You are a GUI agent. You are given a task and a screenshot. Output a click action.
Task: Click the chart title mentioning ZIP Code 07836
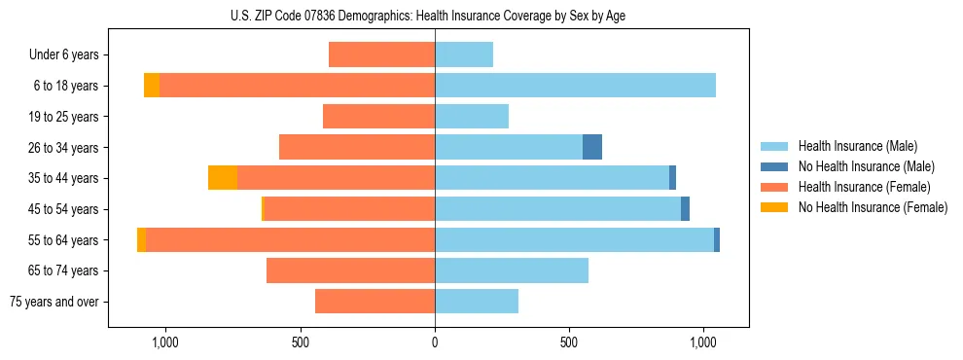435,15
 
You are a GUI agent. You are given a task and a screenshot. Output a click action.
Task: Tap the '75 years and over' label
54,302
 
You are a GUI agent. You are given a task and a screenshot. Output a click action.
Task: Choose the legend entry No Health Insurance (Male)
866,166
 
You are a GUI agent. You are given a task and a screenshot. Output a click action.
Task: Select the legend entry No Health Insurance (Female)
873,207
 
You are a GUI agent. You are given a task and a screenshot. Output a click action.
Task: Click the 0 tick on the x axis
435,342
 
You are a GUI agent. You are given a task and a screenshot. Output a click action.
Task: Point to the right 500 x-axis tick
569,342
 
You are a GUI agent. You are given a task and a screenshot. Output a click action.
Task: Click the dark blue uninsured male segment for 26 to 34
592,147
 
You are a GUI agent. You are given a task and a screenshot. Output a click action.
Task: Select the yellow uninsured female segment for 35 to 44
223,178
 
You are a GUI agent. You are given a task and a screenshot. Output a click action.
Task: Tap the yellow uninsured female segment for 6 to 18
152,86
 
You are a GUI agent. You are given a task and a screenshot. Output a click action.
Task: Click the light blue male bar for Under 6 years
464,54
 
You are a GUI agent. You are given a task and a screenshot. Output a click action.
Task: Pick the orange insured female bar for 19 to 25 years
378,117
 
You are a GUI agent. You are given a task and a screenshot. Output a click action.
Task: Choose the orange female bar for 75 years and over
374,302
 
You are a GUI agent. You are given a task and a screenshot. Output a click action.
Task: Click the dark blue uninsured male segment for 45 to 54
685,209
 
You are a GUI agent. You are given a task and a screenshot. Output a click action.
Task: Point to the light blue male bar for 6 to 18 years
575,86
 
